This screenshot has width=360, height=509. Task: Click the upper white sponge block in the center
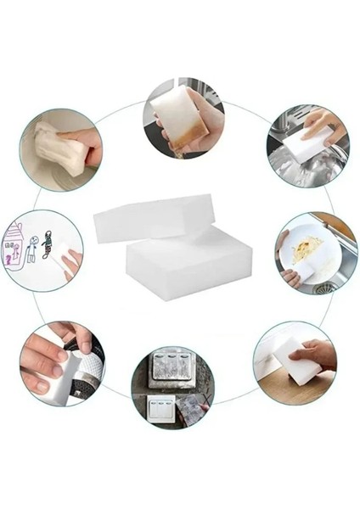point(153,217)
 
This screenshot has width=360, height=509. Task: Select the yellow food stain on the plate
point(306,249)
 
